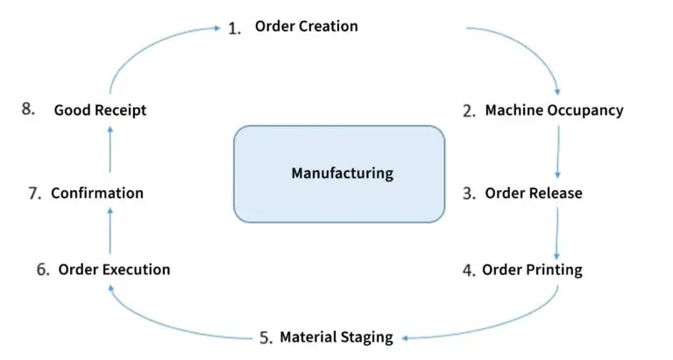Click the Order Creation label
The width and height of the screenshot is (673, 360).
coord(306,26)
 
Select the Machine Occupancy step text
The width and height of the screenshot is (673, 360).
coord(554,110)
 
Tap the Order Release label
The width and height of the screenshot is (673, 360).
coord(533,193)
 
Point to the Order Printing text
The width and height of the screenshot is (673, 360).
coord(532,269)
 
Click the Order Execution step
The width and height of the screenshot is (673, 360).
coord(114,269)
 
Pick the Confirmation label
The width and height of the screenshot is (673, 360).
coord(96,193)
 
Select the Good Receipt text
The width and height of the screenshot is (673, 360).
coord(100,110)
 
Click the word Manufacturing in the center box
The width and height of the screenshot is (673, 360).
coord(342,173)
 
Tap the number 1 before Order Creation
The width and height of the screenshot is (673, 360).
coord(234,28)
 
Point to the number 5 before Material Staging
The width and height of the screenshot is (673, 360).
coord(266,337)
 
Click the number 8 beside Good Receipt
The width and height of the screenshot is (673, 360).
coord(28,110)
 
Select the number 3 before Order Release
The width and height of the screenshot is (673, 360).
coord(469,194)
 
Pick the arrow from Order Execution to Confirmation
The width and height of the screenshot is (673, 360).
coord(110,230)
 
